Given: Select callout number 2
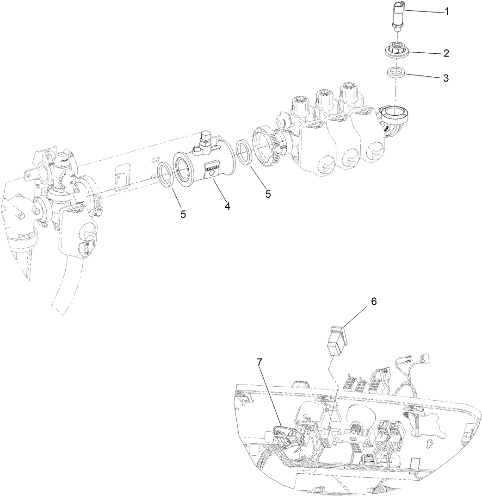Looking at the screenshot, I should (x=446, y=53).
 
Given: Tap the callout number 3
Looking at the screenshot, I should (x=445, y=78).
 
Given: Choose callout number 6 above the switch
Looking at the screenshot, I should (x=373, y=301).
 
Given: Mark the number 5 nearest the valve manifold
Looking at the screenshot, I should (x=268, y=194).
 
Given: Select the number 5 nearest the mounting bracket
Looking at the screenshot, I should (x=183, y=214).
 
